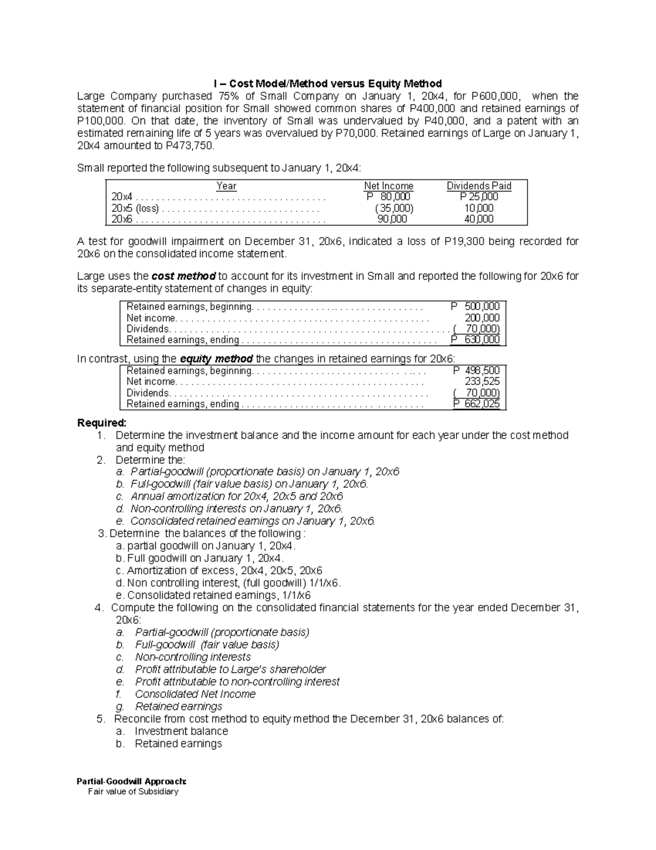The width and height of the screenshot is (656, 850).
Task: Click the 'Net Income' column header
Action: tap(389, 186)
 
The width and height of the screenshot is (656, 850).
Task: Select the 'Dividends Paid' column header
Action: tap(479, 186)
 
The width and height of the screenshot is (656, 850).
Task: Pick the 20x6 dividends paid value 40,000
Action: tap(479, 219)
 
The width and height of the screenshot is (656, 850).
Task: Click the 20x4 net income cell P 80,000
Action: tap(389, 197)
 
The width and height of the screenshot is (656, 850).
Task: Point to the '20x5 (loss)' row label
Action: tap(135, 209)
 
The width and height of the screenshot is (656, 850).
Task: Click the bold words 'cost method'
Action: tap(183, 276)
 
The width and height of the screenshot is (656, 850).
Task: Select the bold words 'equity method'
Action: tap(216, 359)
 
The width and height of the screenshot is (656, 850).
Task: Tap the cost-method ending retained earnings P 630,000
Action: tap(476, 340)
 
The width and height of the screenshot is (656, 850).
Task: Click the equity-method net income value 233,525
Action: tap(482, 381)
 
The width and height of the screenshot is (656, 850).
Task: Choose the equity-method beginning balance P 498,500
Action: tap(476, 371)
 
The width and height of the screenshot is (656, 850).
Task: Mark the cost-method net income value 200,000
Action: tap(482, 318)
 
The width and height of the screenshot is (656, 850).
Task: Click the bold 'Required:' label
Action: tap(102, 423)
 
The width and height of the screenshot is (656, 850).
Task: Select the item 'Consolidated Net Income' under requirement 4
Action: tap(195, 694)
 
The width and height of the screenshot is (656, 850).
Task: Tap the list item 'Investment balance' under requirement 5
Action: tap(181, 731)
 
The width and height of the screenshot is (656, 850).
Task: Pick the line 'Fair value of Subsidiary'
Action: tap(133, 791)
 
